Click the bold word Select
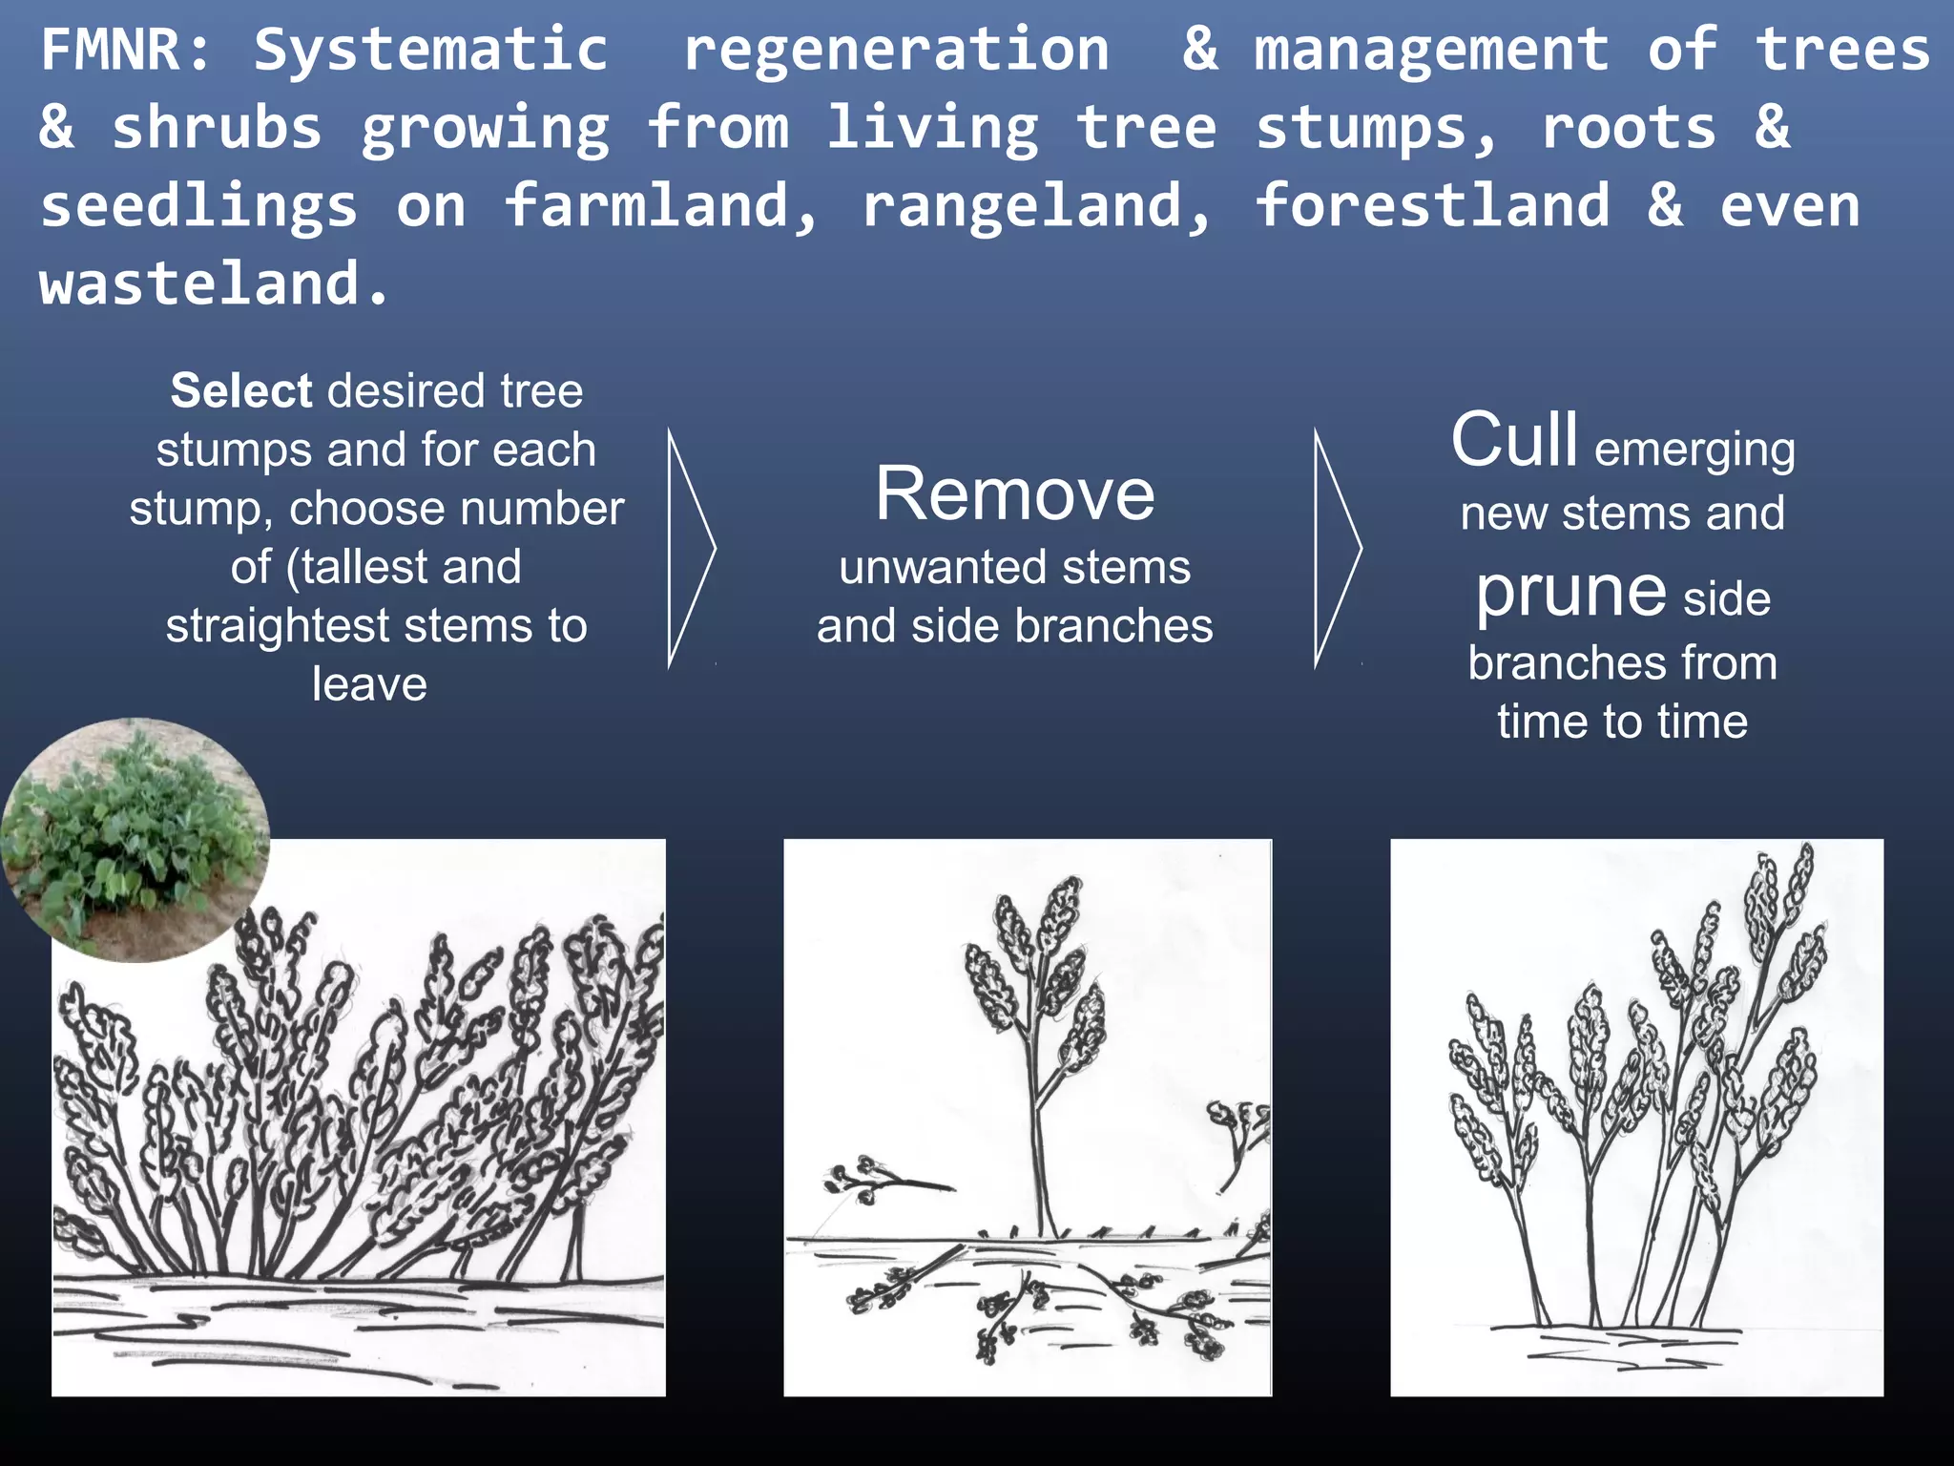[241, 390]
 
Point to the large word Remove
[1015, 494]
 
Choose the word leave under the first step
[369, 683]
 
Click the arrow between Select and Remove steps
[691, 548]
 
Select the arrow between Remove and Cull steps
[1338, 548]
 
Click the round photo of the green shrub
[135, 839]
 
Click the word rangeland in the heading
[1036, 205]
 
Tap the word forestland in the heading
[1431, 205]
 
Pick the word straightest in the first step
[277, 626]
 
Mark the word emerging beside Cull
[1694, 449]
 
